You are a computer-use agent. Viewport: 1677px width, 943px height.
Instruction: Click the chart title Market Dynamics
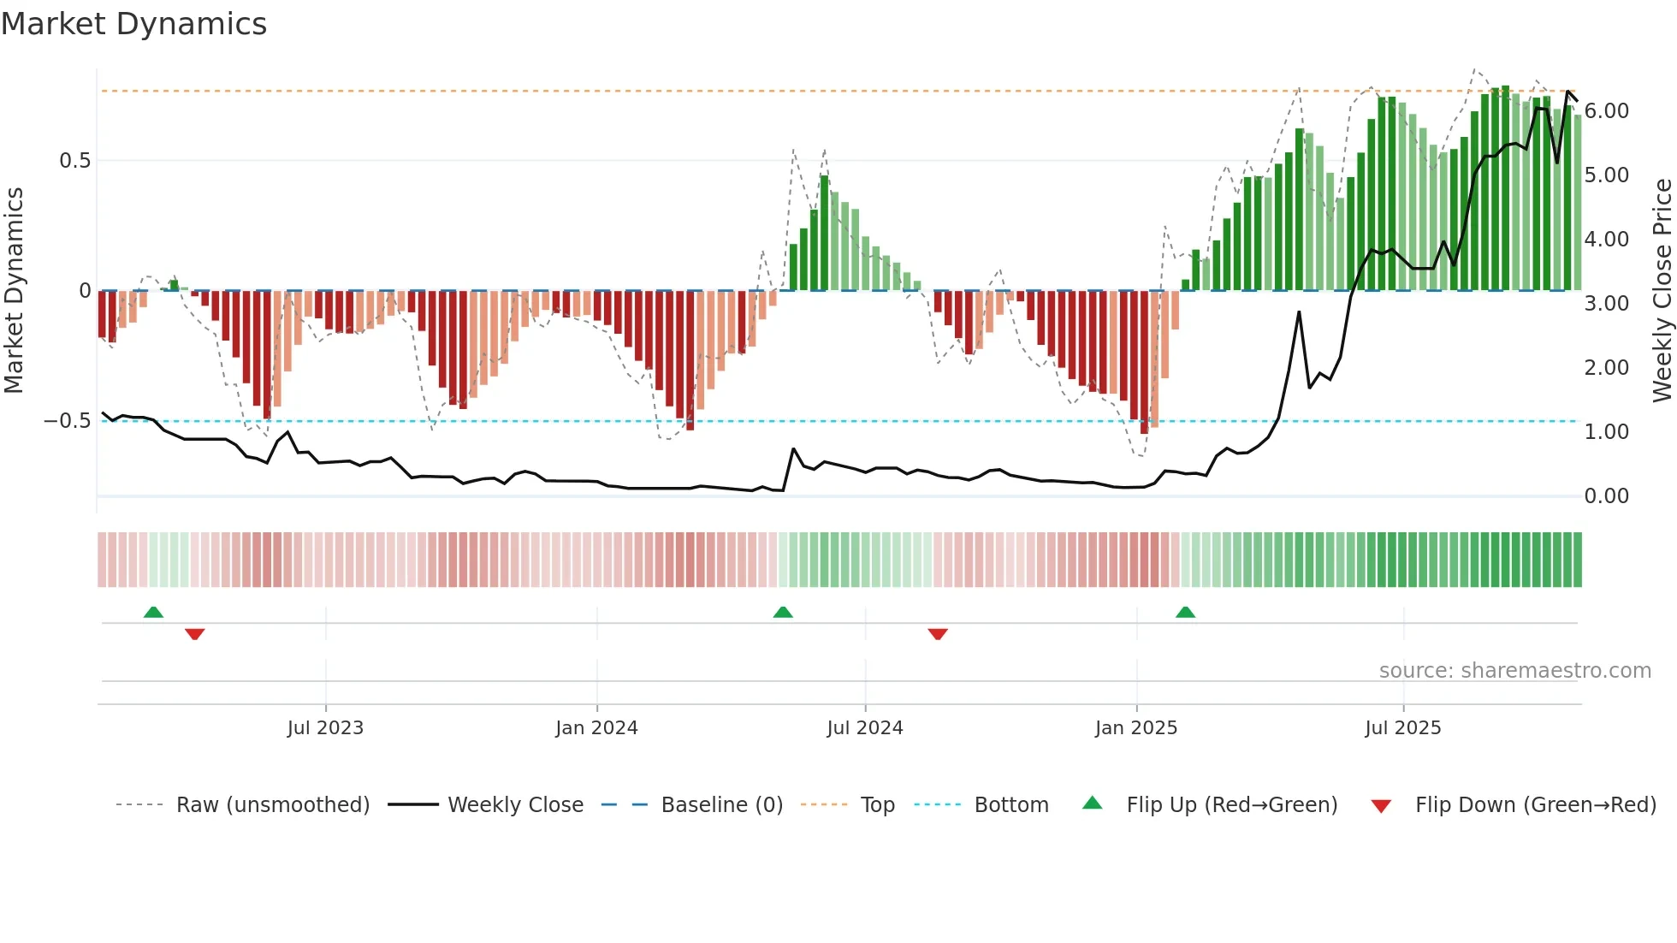pos(133,24)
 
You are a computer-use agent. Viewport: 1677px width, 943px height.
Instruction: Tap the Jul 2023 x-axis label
pos(325,728)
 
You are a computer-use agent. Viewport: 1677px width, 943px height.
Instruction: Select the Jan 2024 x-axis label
pos(596,728)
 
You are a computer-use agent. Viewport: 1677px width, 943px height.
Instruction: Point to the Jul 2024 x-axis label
pos(864,728)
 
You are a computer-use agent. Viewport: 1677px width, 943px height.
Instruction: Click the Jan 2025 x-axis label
pos(1136,728)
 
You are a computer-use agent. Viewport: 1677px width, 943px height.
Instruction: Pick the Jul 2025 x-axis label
pos(1402,728)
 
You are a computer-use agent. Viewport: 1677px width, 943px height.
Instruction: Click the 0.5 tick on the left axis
pos(74,161)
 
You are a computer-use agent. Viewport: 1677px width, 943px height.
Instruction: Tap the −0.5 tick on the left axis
pos(68,421)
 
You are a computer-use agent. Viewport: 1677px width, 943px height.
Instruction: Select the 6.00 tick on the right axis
pos(1606,111)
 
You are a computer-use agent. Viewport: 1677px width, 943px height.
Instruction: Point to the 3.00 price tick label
pos(1606,304)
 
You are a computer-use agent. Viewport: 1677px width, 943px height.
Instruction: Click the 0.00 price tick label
pos(1606,496)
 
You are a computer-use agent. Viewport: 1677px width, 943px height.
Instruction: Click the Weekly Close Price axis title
pos(1662,290)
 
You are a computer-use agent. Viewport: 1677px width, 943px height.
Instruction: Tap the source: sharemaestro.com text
pos(1514,671)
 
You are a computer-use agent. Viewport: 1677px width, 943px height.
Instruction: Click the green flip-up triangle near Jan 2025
pos(1185,613)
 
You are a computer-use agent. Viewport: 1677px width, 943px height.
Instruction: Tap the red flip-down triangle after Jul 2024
pos(938,634)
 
